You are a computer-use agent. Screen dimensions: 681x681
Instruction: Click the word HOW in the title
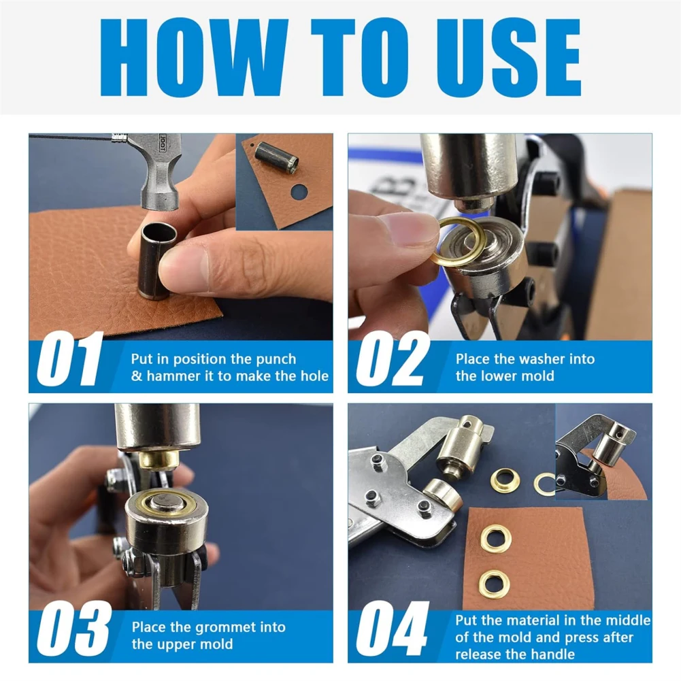(194, 57)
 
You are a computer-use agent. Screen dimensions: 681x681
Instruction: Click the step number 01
(69, 359)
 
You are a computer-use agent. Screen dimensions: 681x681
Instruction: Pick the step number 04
(392, 629)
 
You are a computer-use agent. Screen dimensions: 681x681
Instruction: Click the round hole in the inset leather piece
(299, 191)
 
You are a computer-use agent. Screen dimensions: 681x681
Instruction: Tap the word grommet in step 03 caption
(225, 627)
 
